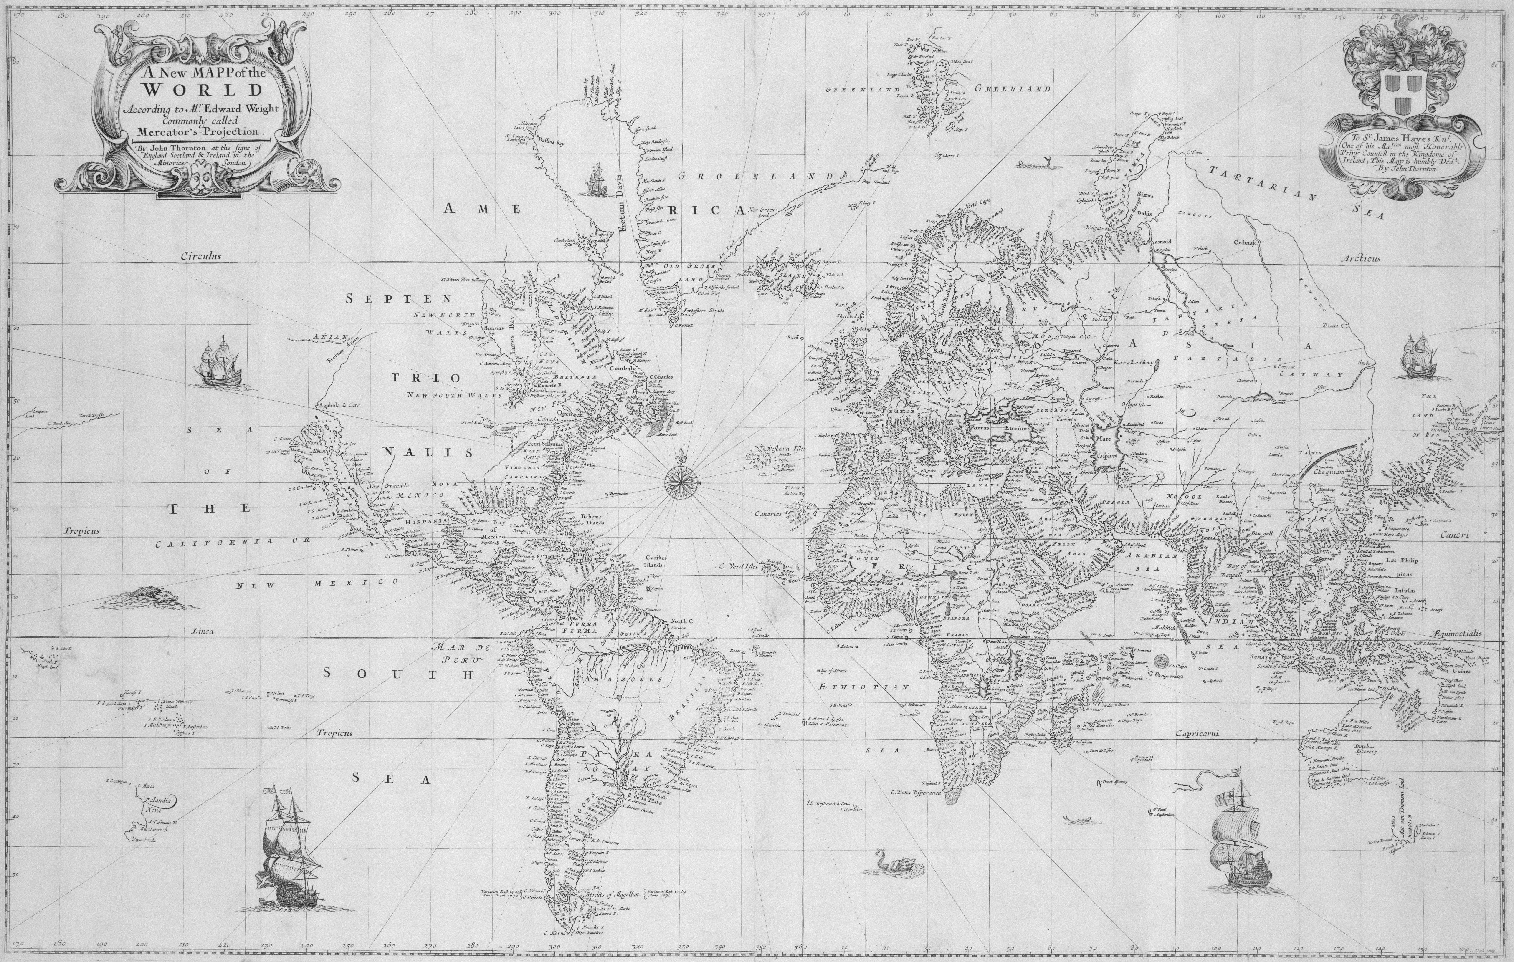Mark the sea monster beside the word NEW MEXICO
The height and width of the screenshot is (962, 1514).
click(x=146, y=597)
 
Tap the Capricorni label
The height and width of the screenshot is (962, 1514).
click(x=1198, y=734)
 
